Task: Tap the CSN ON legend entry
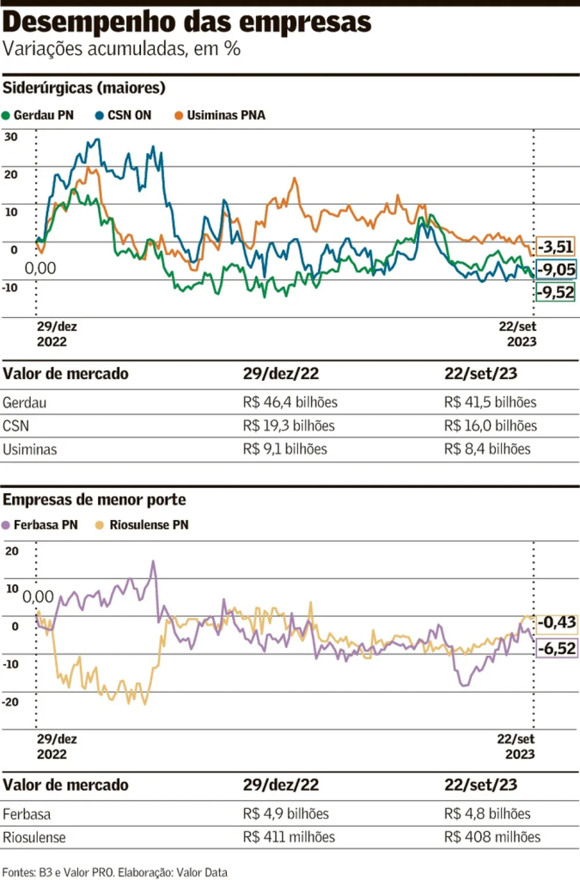tap(124, 113)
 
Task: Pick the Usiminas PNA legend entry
tap(220, 113)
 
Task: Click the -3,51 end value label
tap(556, 247)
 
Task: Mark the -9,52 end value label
tap(556, 293)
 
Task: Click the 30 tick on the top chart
tap(11, 137)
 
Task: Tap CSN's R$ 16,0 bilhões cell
tap(491, 425)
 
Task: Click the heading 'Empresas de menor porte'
tap(95, 499)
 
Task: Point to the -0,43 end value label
tap(556, 622)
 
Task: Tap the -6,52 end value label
tap(556, 648)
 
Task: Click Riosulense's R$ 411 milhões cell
tap(289, 836)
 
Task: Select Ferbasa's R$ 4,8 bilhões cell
tap(487, 813)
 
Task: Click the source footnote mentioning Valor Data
tap(115, 871)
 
